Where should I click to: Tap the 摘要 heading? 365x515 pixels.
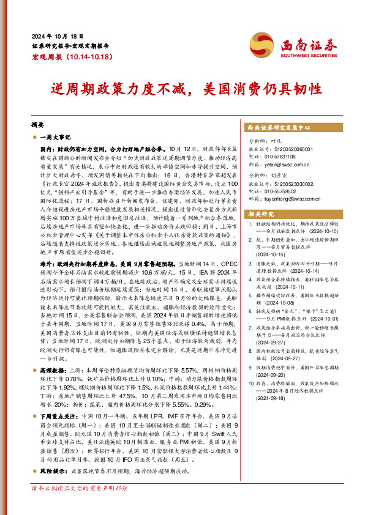point(38,123)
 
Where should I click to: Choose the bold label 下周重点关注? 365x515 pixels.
point(55,415)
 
